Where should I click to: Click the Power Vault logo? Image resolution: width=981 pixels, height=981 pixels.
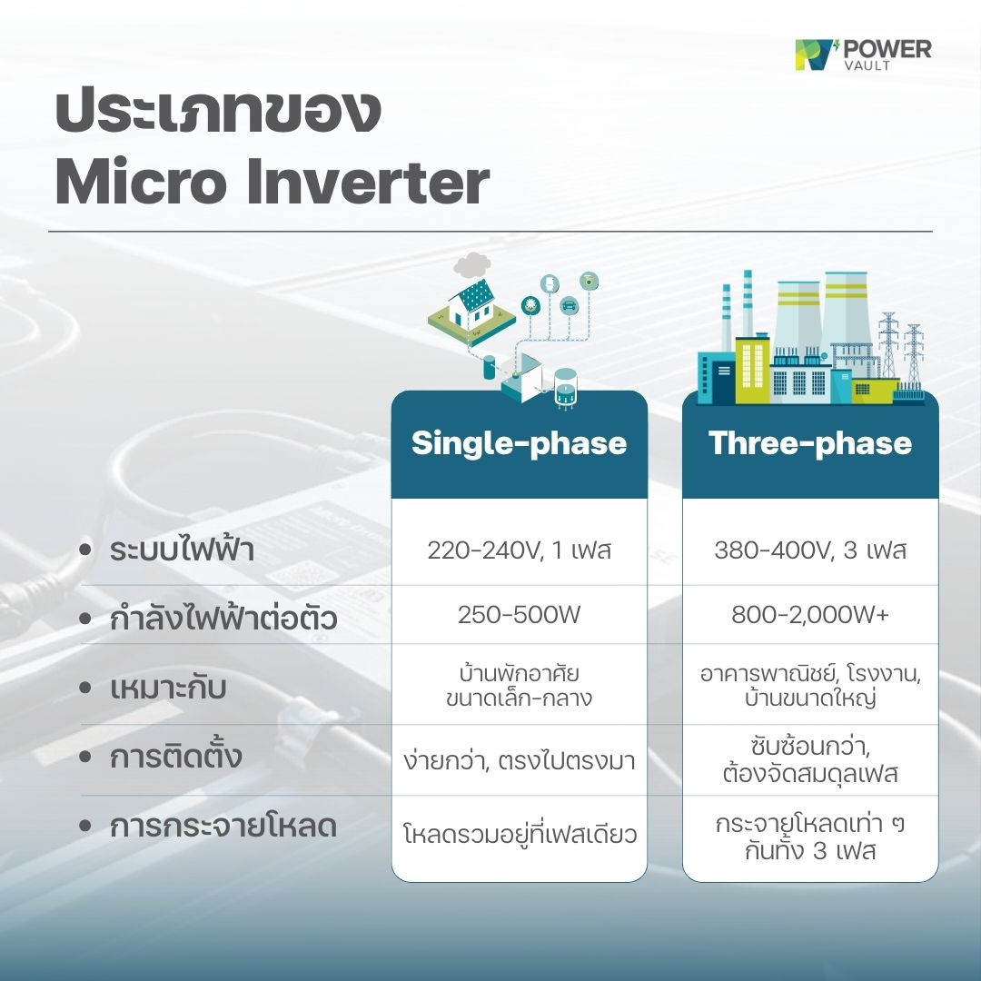click(862, 54)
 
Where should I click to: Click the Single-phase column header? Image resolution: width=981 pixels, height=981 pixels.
click(519, 443)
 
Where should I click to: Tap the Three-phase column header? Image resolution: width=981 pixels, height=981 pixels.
click(810, 443)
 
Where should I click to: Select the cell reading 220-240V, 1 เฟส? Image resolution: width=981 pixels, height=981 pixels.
click(519, 550)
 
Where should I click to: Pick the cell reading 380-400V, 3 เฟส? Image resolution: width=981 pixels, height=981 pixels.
click(810, 550)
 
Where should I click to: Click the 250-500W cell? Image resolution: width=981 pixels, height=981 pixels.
click(519, 615)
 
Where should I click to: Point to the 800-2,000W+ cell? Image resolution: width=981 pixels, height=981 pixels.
click(810, 615)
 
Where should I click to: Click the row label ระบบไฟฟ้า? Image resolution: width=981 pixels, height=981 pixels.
click(182, 550)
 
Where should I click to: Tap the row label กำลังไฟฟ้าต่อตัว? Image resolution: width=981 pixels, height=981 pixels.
click(223, 619)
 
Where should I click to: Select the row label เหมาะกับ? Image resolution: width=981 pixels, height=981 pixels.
click(167, 688)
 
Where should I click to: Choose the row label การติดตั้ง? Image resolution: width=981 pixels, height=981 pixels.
click(176, 757)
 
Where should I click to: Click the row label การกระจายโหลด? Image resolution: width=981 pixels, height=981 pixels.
click(223, 827)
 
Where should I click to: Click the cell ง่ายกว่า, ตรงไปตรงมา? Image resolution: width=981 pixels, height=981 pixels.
click(519, 761)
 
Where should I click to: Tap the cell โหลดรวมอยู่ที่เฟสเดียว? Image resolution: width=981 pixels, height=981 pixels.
click(519, 831)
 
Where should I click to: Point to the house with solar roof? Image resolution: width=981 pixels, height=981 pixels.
click(469, 304)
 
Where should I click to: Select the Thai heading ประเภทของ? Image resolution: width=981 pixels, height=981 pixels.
click(216, 113)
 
